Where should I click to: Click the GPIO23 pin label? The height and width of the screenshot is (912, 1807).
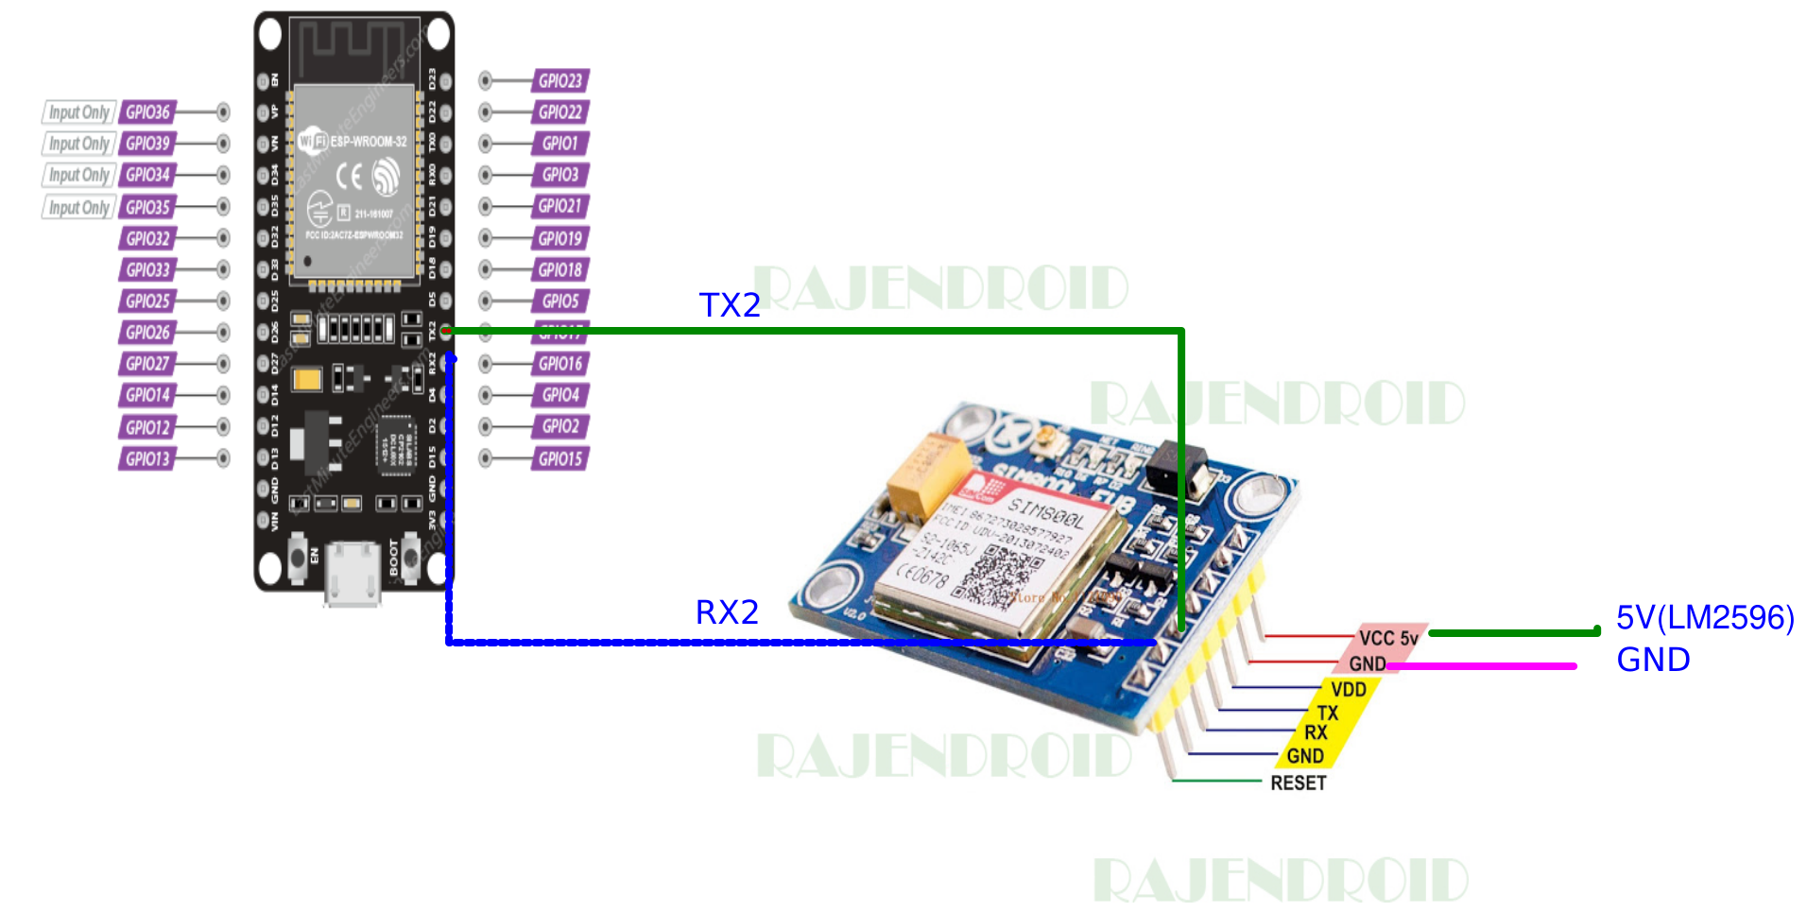pyautogui.click(x=560, y=80)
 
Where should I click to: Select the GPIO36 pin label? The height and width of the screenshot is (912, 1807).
pyautogui.click(x=148, y=112)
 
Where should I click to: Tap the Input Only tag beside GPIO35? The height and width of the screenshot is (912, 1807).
pyautogui.click(x=79, y=207)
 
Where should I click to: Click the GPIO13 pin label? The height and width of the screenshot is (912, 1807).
pyautogui.click(x=148, y=459)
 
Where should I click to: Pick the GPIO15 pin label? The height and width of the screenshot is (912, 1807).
pyautogui.click(x=560, y=459)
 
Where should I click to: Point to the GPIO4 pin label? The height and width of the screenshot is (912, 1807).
pyautogui.click(x=560, y=395)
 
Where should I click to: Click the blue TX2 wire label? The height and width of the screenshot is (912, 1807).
pyautogui.click(x=730, y=305)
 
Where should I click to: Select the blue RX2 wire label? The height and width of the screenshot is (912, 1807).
pyautogui.click(x=727, y=612)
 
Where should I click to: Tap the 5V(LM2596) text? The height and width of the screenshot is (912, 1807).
pyautogui.click(x=1705, y=618)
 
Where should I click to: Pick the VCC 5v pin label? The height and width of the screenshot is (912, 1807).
pyautogui.click(x=1388, y=638)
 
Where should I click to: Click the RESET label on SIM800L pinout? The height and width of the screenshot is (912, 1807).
pyautogui.click(x=1298, y=783)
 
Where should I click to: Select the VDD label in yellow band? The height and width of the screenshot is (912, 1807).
pyautogui.click(x=1349, y=690)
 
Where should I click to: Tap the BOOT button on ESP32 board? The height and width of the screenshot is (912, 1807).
pyautogui.click(x=411, y=558)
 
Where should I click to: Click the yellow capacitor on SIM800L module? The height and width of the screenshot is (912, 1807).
pyautogui.click(x=928, y=477)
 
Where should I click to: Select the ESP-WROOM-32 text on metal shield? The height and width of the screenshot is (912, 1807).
pyautogui.click(x=368, y=142)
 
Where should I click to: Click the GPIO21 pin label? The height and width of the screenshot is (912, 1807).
pyautogui.click(x=560, y=206)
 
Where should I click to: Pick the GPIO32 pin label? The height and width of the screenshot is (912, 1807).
pyautogui.click(x=148, y=238)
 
